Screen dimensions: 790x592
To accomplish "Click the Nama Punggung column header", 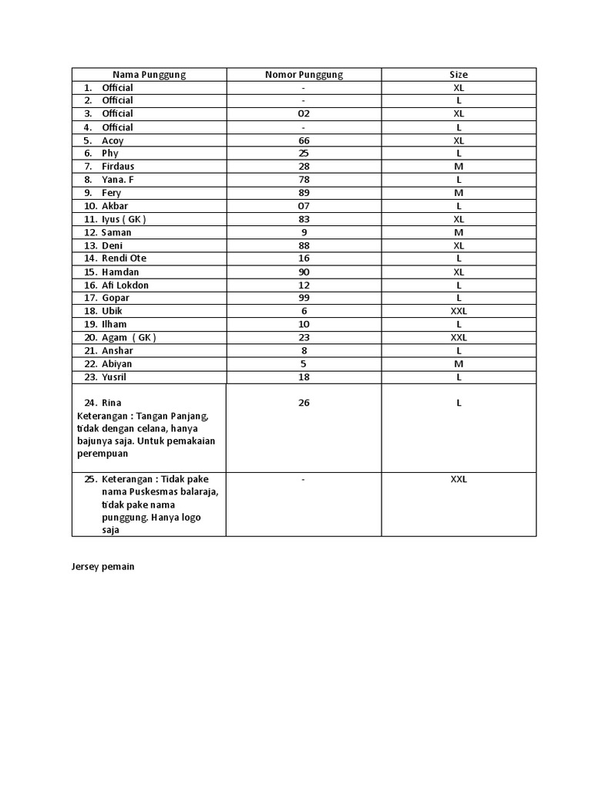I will pos(149,75).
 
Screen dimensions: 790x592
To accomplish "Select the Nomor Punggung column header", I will pos(304,75).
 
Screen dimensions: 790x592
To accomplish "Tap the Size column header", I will pos(459,75).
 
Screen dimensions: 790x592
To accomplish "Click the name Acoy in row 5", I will pos(113,140).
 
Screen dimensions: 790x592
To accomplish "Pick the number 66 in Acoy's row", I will pos(304,140).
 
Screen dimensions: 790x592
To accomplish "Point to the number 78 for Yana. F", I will pos(304,180).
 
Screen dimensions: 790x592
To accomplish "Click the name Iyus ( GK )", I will pos(123,219).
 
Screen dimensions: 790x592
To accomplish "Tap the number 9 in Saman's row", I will pos(304,232).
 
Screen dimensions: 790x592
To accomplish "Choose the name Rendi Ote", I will pos(124,258).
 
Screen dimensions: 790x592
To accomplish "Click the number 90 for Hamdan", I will pos(304,272).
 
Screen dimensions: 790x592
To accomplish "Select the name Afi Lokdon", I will pos(125,285).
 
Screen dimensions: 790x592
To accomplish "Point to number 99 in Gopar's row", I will pos(304,298).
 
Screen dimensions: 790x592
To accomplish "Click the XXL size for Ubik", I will pos(459,311).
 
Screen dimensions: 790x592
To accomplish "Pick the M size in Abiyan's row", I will pos(459,363).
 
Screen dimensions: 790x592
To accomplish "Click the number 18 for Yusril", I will pos(304,376).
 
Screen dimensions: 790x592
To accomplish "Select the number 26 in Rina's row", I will pos(304,403).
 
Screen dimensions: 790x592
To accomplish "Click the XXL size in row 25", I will pos(459,479).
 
